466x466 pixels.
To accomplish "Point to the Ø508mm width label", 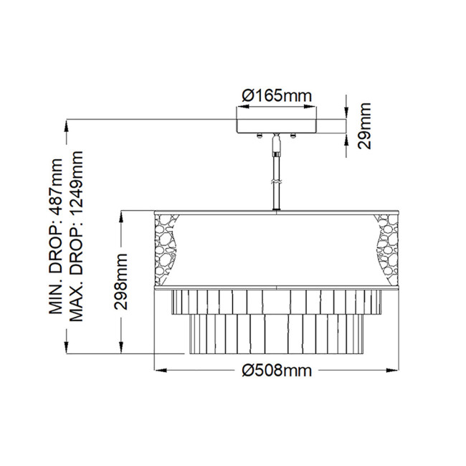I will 277,370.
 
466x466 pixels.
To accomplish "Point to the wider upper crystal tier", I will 277,302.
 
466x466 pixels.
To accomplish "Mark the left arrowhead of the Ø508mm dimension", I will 159,371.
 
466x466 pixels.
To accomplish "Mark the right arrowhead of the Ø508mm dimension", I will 395,371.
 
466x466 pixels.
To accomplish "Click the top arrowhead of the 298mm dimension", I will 123,213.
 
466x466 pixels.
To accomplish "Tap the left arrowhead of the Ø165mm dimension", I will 240,109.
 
